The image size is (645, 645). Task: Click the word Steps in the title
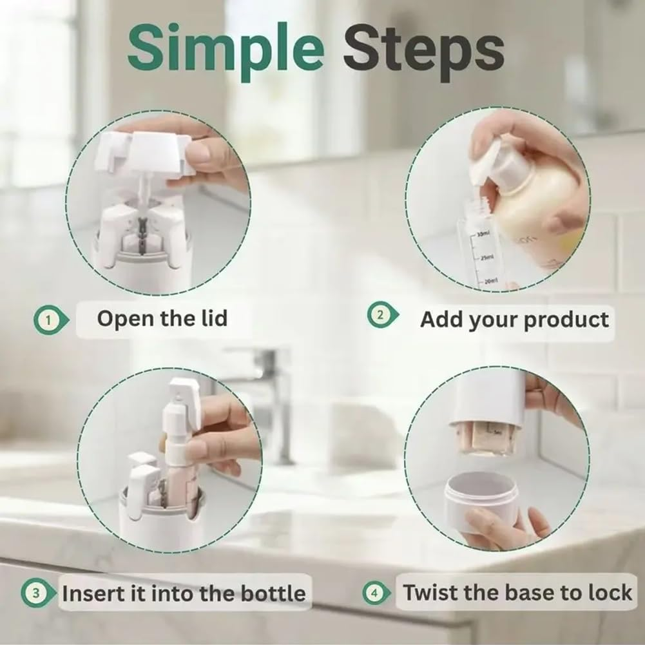pyautogui.click(x=423, y=50)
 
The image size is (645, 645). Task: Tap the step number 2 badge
pyautogui.click(x=381, y=316)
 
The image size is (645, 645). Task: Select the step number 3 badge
pyautogui.click(x=36, y=593)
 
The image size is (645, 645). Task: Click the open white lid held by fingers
pyautogui.click(x=145, y=155)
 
